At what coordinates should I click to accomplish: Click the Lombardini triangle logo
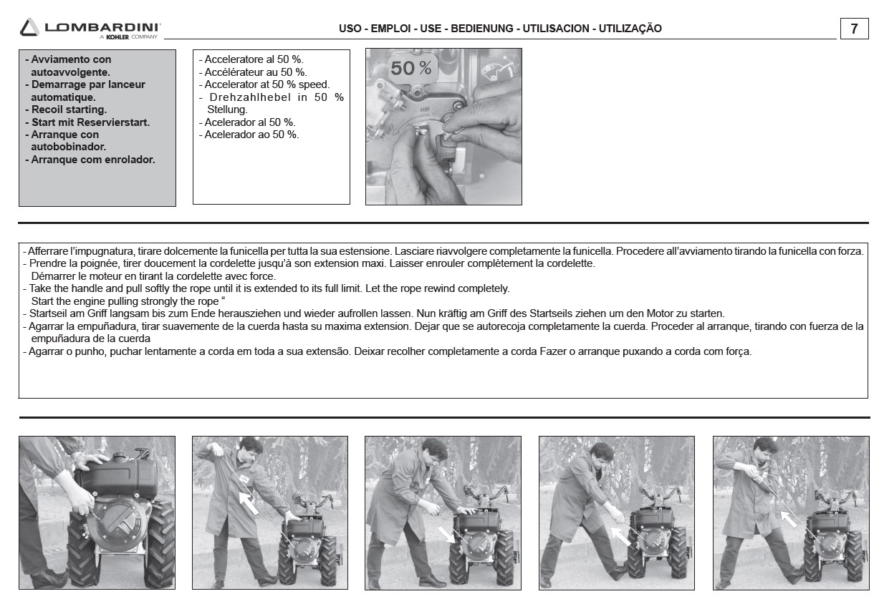tap(29, 28)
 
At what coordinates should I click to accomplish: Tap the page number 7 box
tap(854, 29)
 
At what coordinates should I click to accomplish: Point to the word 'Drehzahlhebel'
tap(250, 97)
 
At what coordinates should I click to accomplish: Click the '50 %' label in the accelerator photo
tap(411, 68)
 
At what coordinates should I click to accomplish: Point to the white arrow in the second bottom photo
tap(249, 503)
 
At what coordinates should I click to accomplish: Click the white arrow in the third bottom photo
tap(446, 535)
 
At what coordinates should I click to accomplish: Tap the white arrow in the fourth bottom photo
tap(620, 536)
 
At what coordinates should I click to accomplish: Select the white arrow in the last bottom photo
tap(789, 519)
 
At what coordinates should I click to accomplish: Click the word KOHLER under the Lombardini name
tap(117, 37)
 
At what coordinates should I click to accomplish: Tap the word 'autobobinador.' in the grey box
tap(68, 147)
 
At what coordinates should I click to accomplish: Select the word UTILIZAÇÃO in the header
tap(630, 29)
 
